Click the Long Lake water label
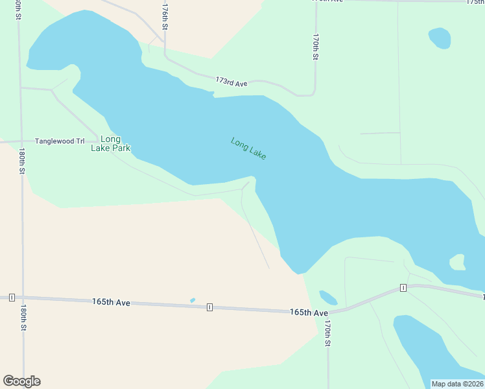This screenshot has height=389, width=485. click(x=248, y=149)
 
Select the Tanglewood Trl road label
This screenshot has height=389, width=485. click(x=60, y=141)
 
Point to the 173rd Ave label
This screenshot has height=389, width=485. click(x=231, y=82)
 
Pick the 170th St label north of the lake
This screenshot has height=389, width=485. click(x=315, y=47)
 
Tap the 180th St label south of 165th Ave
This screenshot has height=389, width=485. click(x=23, y=318)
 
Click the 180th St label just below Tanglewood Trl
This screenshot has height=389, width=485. click(x=22, y=161)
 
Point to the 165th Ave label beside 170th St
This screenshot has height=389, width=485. click(x=309, y=312)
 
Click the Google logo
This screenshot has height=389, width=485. click(x=21, y=381)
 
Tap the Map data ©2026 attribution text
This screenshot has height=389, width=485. click(x=457, y=384)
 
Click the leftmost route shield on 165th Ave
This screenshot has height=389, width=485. click(x=12, y=298)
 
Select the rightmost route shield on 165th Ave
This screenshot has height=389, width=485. click(x=403, y=287)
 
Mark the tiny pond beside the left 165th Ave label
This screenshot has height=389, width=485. click(x=193, y=300)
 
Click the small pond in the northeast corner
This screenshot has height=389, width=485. click(x=440, y=38)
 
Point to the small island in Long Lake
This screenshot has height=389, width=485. click(x=458, y=262)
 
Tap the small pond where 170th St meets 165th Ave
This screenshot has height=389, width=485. click(x=328, y=298)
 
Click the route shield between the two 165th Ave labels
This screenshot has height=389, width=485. click(x=209, y=307)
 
